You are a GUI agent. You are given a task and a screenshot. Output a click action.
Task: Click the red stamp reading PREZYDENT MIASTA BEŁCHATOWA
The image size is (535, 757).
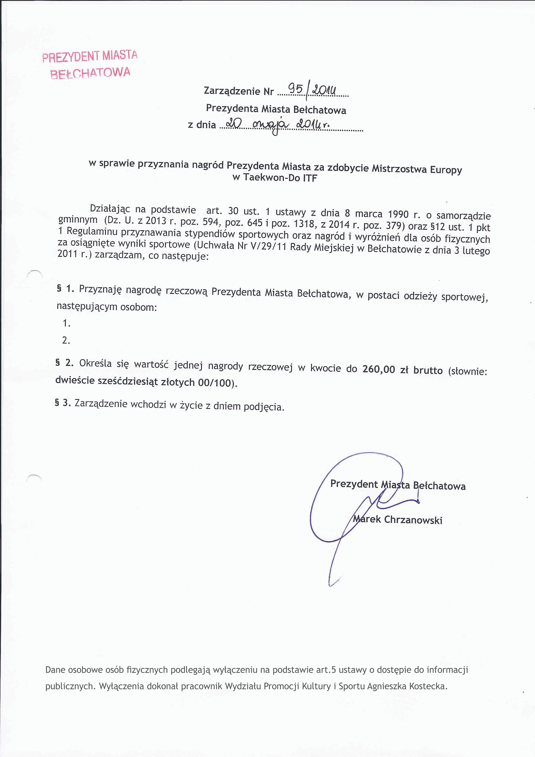(x=90, y=65)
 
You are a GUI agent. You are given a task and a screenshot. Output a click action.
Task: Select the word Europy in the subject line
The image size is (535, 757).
(x=446, y=170)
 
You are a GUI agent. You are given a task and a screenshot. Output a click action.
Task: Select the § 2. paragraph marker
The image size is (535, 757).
(x=65, y=363)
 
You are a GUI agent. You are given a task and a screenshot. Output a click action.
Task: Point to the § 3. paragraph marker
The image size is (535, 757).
(x=63, y=403)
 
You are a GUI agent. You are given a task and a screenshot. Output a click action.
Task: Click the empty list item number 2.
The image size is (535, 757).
(x=66, y=340)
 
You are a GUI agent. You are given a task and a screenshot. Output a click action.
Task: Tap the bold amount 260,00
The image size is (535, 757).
(x=378, y=369)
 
